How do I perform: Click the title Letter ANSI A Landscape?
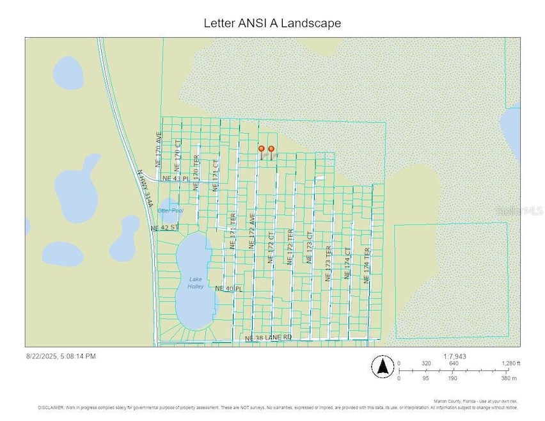pos(272,23)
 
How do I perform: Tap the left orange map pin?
pos(261,150)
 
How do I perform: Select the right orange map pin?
pos(271,150)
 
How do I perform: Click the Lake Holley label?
pos(196,283)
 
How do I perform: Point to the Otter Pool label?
pos(171,210)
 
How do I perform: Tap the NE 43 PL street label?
pos(177,179)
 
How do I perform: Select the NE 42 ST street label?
pos(164,228)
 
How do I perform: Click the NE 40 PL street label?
pos(229,289)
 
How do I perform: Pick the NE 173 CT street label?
pos(310,248)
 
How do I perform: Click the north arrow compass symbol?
pos(383,367)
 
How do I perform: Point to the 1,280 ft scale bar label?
pos(510,363)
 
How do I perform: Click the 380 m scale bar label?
pos(509,377)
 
